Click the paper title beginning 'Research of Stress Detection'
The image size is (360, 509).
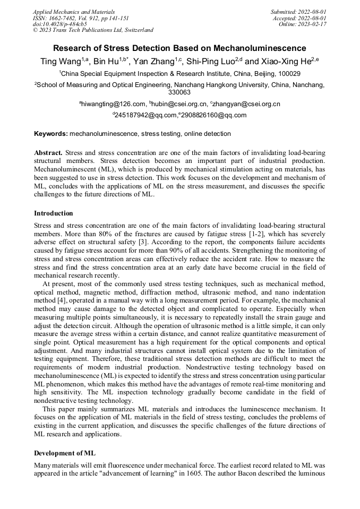tap(179, 48)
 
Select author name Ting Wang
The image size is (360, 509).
tap(59, 62)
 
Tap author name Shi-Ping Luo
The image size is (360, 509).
tap(208, 62)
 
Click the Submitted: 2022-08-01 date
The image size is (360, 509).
tap(299, 12)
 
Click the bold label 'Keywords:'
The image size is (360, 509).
tap(51, 134)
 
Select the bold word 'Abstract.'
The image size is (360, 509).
tap(48, 152)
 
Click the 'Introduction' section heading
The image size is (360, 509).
tap(54, 213)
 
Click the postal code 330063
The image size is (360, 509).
tap(179, 92)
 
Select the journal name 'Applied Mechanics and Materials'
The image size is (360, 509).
tap(74, 12)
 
